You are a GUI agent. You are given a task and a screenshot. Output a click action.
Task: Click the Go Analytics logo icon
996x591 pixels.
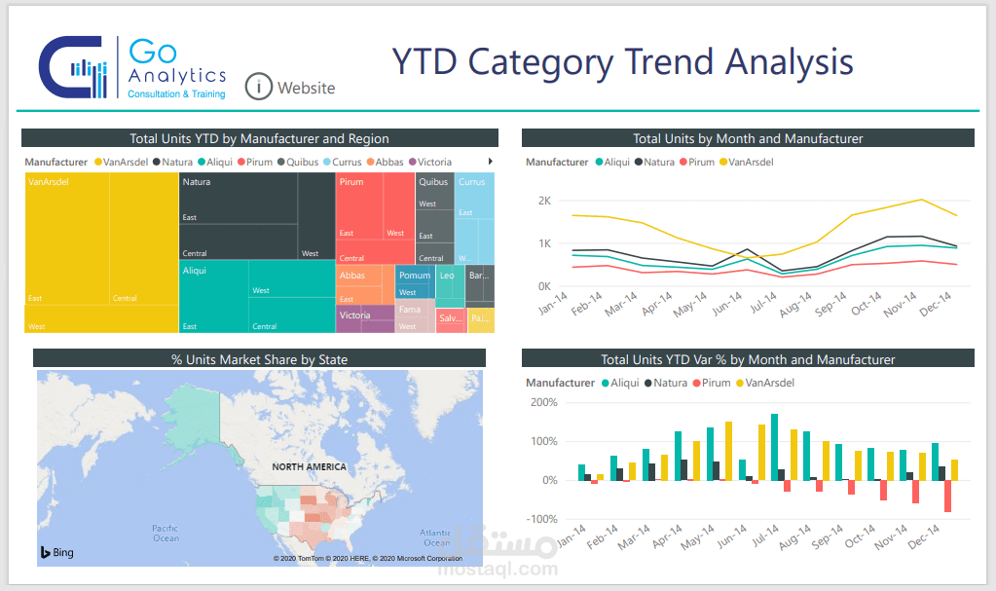pos(72,67)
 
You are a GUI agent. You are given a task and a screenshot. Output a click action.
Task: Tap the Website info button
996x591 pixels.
pos(258,87)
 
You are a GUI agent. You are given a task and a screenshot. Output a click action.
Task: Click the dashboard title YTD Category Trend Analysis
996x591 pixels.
pos(622,61)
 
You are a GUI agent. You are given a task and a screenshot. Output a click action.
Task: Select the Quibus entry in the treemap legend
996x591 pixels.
pos(301,162)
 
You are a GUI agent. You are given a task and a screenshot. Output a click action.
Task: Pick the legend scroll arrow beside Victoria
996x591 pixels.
pos(490,162)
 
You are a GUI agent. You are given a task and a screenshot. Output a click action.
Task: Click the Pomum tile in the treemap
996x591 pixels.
pos(414,276)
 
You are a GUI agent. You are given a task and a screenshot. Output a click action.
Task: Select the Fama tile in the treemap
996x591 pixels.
pos(410,311)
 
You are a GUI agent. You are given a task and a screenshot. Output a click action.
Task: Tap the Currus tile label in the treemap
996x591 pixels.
pos(471,182)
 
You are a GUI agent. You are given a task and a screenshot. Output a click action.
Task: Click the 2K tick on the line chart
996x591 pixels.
pos(544,201)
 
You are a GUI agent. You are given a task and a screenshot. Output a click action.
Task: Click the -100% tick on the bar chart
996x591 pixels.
pos(542,519)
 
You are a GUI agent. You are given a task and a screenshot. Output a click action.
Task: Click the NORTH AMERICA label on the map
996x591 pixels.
pos(309,467)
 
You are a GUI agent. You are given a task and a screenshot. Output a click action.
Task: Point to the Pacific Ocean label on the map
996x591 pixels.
pos(166,533)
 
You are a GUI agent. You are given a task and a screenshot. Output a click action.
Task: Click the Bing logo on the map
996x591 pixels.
pos(56,552)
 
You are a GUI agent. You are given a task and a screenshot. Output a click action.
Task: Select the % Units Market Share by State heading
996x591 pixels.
pos(259,359)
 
